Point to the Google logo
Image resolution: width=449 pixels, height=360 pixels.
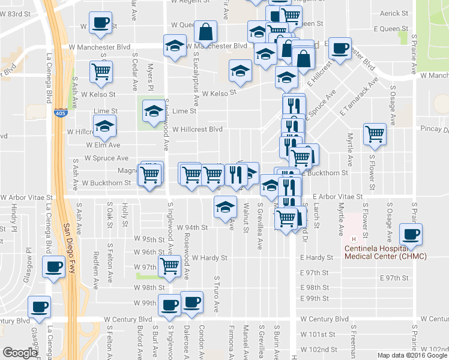20,353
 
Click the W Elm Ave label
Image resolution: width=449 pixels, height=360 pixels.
103,145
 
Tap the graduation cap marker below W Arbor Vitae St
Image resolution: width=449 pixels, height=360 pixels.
225,207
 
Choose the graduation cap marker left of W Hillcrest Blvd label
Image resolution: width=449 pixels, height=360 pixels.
105,127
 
